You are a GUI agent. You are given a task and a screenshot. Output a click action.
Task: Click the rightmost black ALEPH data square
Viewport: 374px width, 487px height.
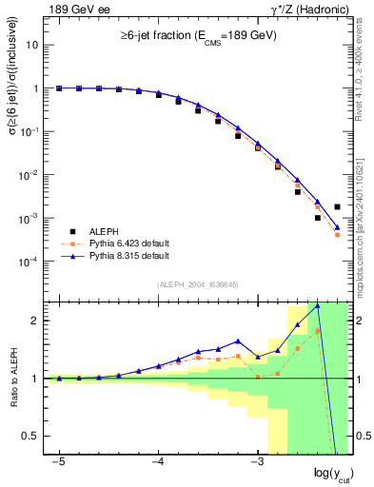pyautogui.click(x=337, y=206)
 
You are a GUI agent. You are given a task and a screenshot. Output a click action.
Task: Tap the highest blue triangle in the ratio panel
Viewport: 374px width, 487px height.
pyautogui.click(x=318, y=306)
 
